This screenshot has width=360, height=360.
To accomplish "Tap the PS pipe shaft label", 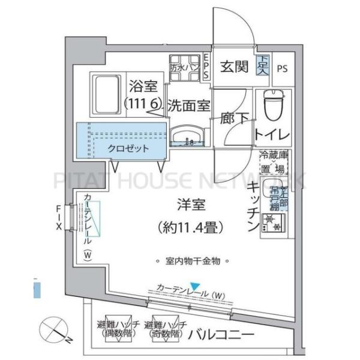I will [282, 68].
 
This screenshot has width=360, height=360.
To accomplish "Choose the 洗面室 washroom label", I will [188, 106].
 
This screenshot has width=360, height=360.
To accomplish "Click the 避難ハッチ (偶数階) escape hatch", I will [119, 328].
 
